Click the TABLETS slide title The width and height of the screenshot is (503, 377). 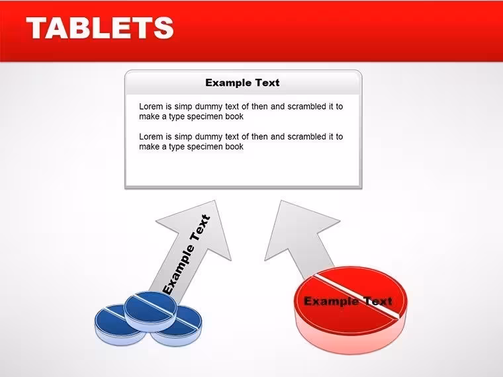click(x=100, y=28)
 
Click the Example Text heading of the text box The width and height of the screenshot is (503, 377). click(x=242, y=83)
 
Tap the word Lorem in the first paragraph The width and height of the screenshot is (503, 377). click(x=151, y=106)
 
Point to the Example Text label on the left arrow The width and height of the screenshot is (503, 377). click(x=187, y=254)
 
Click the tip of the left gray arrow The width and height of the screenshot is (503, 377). click(x=215, y=200)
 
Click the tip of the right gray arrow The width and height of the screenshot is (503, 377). click(x=281, y=200)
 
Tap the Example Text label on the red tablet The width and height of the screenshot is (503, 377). click(x=348, y=302)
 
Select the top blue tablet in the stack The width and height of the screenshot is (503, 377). click(x=150, y=311)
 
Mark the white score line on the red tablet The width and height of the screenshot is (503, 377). click(x=357, y=296)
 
